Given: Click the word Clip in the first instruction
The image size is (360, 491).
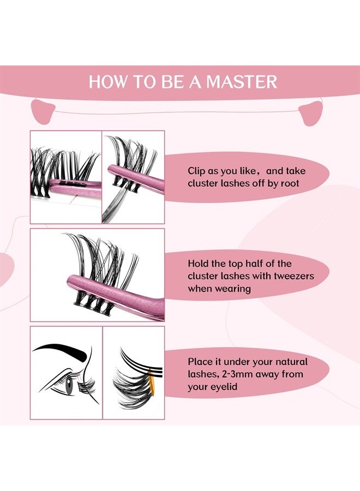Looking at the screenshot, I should tap(197, 170).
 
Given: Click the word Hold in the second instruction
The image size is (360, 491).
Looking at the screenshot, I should tap(199, 264).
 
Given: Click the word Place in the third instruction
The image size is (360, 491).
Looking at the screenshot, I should tap(200, 362).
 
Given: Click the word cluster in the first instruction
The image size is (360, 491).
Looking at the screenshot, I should tap(203, 183).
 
